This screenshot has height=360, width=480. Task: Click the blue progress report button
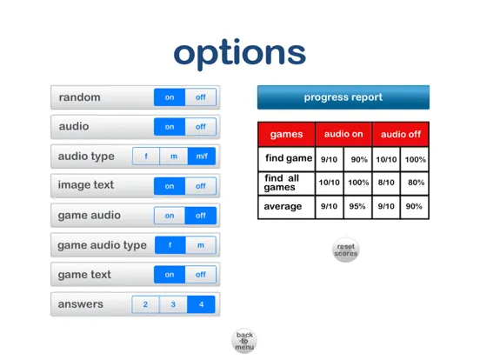(343, 97)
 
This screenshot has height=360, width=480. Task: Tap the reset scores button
(346, 250)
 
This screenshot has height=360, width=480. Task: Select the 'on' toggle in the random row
(170, 97)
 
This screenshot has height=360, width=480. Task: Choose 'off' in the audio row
(201, 127)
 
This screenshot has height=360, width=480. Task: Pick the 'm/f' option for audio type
(201, 157)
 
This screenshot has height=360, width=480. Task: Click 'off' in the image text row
(201, 186)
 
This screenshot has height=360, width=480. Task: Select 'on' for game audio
(170, 216)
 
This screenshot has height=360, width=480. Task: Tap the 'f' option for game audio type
(170, 245)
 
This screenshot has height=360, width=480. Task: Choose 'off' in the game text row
(201, 275)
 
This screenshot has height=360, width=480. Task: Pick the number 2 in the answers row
(145, 304)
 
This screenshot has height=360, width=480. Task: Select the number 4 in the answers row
(201, 304)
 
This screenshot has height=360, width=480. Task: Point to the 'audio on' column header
(343, 134)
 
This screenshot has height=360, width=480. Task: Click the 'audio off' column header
(400, 134)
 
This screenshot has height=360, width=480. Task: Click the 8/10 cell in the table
(385, 183)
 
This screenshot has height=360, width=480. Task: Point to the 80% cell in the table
(416, 183)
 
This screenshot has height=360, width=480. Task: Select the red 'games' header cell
(286, 135)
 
